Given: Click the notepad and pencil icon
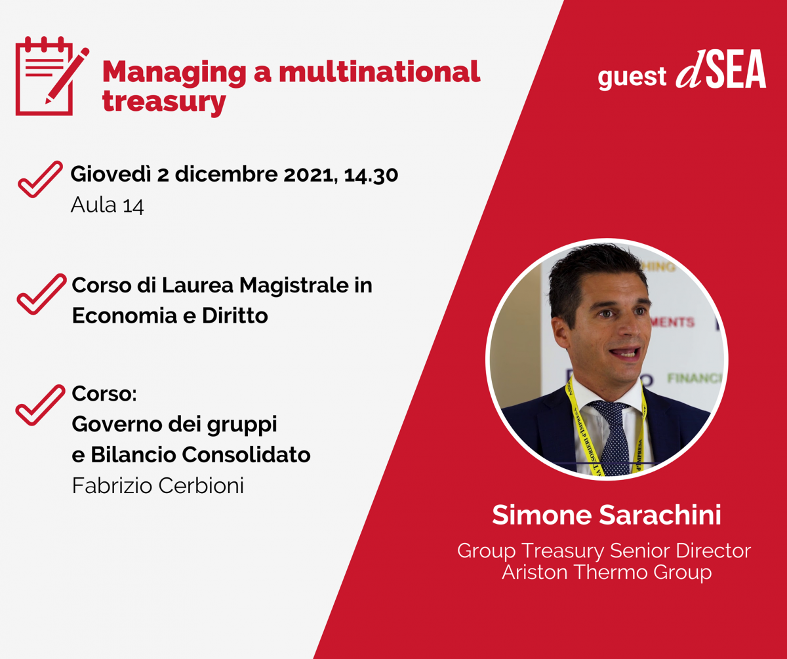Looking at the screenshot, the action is click(x=52, y=75).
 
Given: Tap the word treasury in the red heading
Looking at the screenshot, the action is click(x=164, y=102).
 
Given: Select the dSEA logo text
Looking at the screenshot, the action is click(x=721, y=69).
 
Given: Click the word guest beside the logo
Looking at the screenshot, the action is click(x=632, y=77).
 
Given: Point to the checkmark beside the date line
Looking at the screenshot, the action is click(x=40, y=179).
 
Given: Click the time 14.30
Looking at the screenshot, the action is click(x=371, y=175).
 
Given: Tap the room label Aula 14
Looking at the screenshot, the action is click(x=108, y=205).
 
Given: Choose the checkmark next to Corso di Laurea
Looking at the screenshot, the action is click(x=41, y=294).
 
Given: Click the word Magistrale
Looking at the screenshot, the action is click(x=294, y=286).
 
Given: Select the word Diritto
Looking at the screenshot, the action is click(x=235, y=316).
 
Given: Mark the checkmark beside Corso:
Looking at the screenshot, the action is click(x=40, y=405).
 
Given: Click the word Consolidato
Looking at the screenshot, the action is click(x=246, y=455).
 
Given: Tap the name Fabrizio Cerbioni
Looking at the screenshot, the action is click(x=158, y=486).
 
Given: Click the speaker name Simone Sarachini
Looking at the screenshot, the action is click(x=607, y=515).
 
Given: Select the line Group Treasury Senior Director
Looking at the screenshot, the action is click(x=604, y=551).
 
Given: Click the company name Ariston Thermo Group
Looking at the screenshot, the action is click(x=607, y=572).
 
